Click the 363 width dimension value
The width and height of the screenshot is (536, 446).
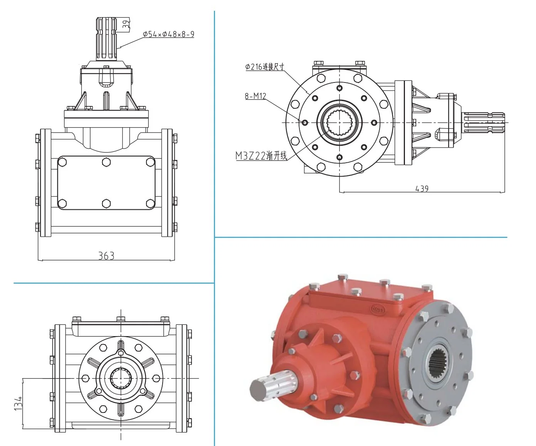[x=106, y=256]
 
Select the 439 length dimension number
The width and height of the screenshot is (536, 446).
[x=422, y=189]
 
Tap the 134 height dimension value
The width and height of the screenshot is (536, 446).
[x=18, y=403]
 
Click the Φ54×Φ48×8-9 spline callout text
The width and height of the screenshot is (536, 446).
[x=168, y=34]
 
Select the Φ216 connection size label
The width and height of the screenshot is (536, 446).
[x=265, y=67]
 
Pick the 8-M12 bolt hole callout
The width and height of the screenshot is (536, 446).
[x=255, y=96]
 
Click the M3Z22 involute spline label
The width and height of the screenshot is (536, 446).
[x=261, y=155]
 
